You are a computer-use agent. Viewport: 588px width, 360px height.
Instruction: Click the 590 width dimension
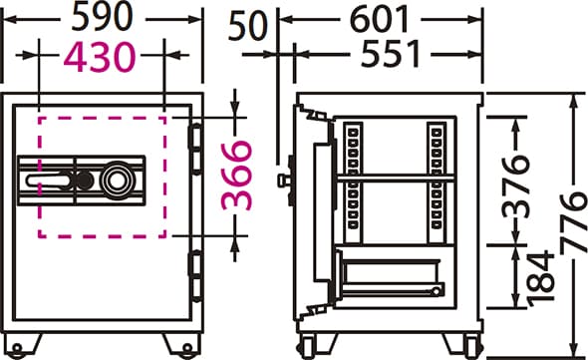click(102, 17)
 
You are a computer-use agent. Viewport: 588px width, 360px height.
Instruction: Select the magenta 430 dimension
click(100, 57)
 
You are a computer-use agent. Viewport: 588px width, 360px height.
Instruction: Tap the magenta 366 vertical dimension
click(236, 175)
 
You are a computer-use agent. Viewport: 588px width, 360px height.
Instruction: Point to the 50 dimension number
click(247, 26)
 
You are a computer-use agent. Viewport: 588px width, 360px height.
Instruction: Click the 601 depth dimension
click(379, 19)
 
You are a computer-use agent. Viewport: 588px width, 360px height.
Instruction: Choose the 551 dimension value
click(390, 54)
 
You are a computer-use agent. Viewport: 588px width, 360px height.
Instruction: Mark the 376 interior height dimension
click(516, 187)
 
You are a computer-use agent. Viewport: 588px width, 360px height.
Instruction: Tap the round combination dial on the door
click(117, 180)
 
